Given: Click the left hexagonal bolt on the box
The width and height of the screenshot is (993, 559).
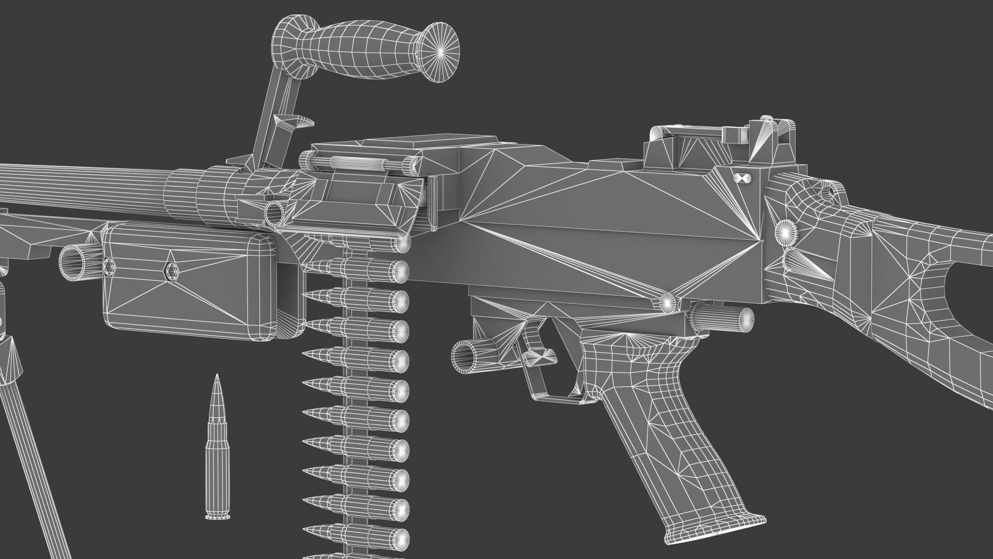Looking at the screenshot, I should click(110, 266).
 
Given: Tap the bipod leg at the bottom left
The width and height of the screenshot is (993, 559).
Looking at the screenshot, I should click(28, 466).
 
